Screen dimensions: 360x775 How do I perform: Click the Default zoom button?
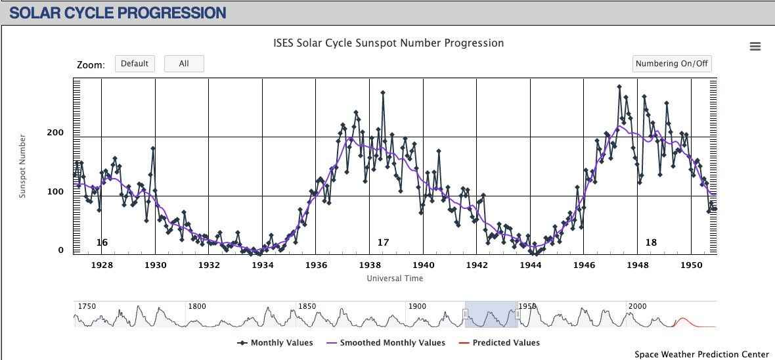pos(135,64)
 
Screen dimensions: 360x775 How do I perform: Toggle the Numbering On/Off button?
pos(672,64)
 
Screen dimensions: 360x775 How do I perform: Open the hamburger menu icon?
pos(755,46)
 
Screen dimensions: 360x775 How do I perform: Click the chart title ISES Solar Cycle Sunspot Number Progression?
pos(388,43)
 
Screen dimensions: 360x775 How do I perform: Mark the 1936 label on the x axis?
pos(316,265)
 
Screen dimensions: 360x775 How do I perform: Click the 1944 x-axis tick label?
pos(530,265)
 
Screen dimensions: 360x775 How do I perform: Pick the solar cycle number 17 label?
pos(383,243)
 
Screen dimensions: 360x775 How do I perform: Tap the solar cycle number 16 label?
pos(102,243)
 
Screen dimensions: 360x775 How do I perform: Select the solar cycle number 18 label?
pos(651,243)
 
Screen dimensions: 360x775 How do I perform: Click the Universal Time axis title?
pos(395,279)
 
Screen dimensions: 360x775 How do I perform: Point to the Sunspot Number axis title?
pos(22,166)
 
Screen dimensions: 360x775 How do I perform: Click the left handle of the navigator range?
pos(465,315)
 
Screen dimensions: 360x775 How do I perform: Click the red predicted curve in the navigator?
pos(682,320)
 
